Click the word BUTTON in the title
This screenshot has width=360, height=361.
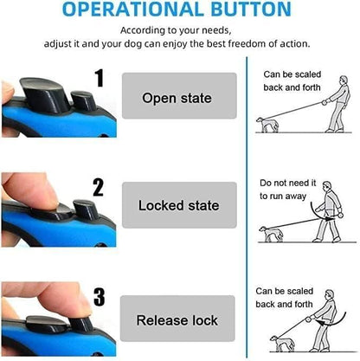point(251,9)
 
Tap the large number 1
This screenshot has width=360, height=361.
point(100,78)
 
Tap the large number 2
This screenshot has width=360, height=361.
point(98,188)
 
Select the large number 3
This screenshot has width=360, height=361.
point(100,297)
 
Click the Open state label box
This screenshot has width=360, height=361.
point(179,95)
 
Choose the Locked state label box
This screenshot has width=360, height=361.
point(179,205)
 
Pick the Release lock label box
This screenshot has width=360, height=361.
point(177,319)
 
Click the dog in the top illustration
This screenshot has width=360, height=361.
point(267,125)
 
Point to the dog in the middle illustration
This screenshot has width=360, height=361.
point(271,234)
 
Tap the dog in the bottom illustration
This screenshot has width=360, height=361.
point(282,344)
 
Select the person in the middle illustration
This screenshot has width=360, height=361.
point(329,212)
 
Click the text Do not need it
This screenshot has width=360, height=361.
point(288,183)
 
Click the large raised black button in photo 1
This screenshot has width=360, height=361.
point(45,94)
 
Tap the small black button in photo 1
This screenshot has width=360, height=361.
point(84,100)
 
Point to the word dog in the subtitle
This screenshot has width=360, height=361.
point(133,44)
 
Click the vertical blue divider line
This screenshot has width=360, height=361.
point(247,207)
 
